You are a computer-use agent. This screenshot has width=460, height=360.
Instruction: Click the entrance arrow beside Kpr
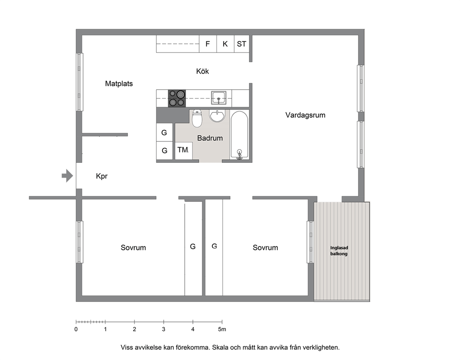(x=67, y=176)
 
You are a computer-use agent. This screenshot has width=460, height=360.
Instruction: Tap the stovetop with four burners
(x=177, y=98)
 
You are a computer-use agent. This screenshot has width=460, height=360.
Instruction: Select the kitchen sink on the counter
(x=218, y=98)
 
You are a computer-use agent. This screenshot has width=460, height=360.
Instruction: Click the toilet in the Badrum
(x=197, y=118)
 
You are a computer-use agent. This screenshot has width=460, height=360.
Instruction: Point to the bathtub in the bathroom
(x=239, y=135)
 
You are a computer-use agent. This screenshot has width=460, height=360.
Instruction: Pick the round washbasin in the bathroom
(x=217, y=116)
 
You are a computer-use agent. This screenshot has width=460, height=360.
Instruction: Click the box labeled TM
(x=184, y=151)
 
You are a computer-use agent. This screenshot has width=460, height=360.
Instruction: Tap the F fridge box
(x=208, y=44)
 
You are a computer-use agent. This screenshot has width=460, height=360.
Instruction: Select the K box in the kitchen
(x=225, y=44)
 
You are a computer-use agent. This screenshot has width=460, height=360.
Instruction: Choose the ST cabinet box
(x=242, y=44)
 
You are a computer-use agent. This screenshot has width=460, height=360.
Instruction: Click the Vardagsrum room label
(x=306, y=115)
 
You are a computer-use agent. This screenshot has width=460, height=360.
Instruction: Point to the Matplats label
(x=119, y=84)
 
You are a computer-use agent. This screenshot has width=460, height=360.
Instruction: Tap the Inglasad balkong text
(x=339, y=251)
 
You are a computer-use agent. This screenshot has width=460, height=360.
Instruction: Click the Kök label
(x=203, y=71)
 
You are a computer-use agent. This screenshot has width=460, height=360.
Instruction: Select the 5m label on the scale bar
(x=222, y=329)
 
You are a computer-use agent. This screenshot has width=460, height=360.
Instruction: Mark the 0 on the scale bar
(x=76, y=329)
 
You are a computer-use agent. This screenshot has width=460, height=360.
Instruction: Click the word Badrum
(x=210, y=138)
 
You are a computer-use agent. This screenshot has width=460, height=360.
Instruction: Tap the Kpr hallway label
(x=102, y=176)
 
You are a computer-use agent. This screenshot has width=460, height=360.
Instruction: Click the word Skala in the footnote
(x=220, y=347)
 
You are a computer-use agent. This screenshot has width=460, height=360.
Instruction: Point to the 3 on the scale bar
(x=164, y=329)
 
